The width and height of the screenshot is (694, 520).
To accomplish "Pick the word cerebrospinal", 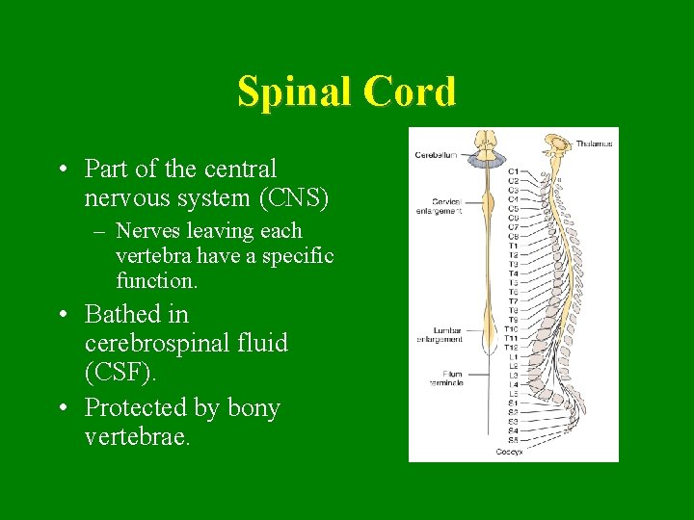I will [186, 344].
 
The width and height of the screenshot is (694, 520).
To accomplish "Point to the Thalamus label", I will [594, 143].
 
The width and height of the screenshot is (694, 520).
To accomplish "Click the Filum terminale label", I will [446, 378].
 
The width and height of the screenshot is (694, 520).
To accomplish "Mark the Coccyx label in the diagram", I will [509, 451].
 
